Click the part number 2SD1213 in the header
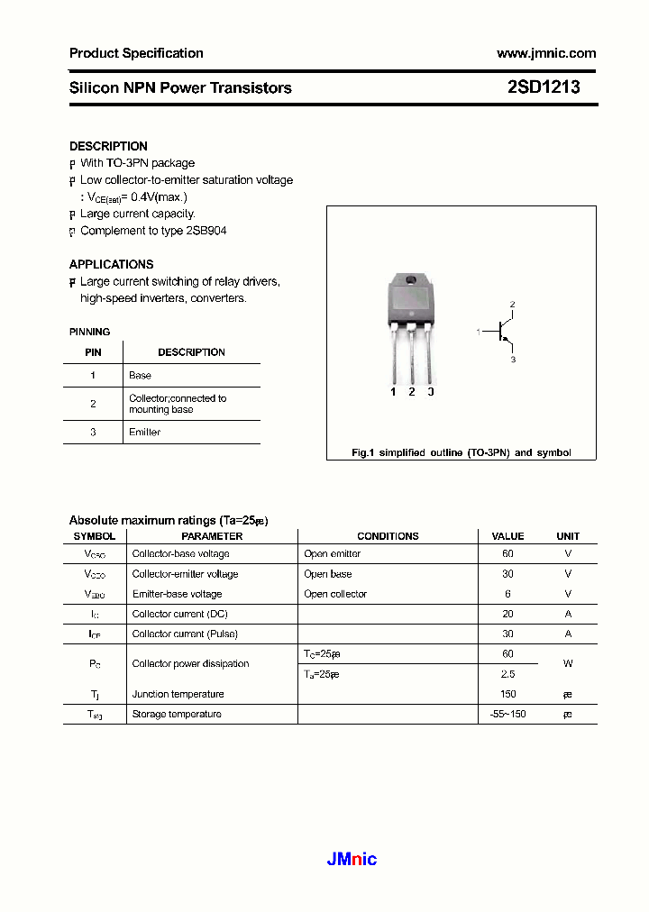pyautogui.click(x=544, y=87)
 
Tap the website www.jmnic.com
pyautogui.click(x=546, y=53)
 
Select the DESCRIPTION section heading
pyautogui.click(x=108, y=146)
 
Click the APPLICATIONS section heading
pyautogui.click(x=111, y=264)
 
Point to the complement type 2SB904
pyautogui.click(x=206, y=231)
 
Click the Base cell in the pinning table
pyautogui.click(x=140, y=375)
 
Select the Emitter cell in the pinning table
pyautogui.click(x=144, y=433)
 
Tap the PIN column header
pyautogui.click(x=93, y=352)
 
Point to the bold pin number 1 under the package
pyautogui.click(x=393, y=392)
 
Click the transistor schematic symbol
pyautogui.click(x=501, y=333)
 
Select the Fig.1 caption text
pyautogui.click(x=461, y=453)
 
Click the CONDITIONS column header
pyautogui.click(x=388, y=536)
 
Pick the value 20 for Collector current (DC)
pyautogui.click(x=507, y=614)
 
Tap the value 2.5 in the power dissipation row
pyautogui.click(x=507, y=674)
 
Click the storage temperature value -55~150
pyautogui.click(x=507, y=714)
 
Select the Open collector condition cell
pyautogui.click(x=335, y=594)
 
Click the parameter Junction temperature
pyautogui.click(x=178, y=694)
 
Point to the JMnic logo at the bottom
pyautogui.click(x=352, y=860)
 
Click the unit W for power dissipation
pyautogui.click(x=568, y=664)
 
